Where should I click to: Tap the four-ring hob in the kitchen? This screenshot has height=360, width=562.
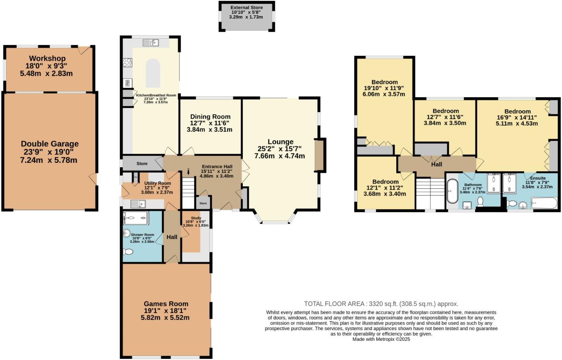point(128,63)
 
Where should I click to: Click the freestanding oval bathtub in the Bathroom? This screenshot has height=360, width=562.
point(452,191)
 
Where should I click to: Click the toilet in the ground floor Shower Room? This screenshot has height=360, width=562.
point(128,252)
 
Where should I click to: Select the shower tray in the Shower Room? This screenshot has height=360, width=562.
point(136,218)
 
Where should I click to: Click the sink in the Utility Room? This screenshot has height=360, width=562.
point(138,204)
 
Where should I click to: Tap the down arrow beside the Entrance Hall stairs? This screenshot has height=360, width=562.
point(189,172)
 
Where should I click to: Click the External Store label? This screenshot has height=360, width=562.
point(246,8)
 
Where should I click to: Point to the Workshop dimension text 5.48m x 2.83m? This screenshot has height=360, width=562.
point(46,74)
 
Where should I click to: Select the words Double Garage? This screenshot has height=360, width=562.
point(50,144)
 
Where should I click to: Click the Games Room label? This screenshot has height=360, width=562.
point(166,303)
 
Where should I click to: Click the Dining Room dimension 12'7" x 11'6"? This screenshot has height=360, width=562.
point(210,123)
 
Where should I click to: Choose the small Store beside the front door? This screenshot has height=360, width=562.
point(203,203)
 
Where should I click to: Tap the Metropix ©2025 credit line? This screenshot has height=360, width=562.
point(381,339)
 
